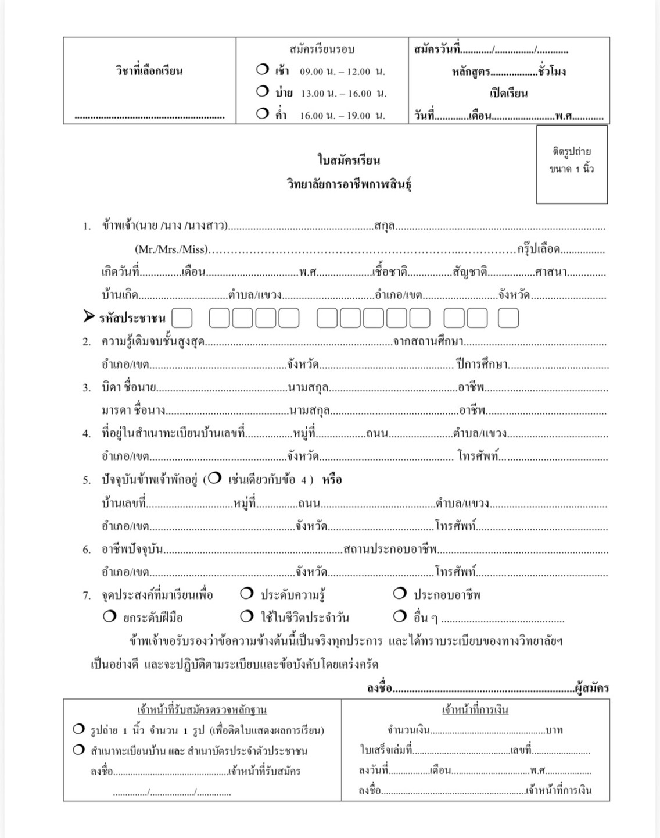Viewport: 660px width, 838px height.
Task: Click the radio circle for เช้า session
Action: (x=262, y=70)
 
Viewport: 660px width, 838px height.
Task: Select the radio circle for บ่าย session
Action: (x=262, y=91)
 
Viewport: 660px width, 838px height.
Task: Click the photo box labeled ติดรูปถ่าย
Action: (x=572, y=165)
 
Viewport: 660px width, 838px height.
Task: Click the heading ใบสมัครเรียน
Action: (x=349, y=160)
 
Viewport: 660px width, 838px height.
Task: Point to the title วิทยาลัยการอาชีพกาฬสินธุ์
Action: (x=349, y=184)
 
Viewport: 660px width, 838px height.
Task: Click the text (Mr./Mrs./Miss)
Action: (x=171, y=249)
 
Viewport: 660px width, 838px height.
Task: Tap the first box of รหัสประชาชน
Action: (x=182, y=318)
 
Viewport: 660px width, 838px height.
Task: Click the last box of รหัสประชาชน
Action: (x=508, y=318)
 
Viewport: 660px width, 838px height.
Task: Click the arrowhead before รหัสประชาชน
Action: (x=89, y=317)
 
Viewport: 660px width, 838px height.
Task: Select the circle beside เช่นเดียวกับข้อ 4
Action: (x=214, y=478)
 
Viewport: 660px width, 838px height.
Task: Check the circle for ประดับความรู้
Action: (x=247, y=593)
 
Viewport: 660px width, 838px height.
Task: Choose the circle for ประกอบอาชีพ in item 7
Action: (x=400, y=593)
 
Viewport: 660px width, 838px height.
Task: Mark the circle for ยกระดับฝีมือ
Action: (x=109, y=616)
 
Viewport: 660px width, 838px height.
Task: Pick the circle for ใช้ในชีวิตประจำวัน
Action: (x=247, y=616)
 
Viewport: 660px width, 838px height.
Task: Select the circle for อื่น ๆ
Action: (x=400, y=616)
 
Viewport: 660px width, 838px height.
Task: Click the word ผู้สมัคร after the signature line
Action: (x=591, y=689)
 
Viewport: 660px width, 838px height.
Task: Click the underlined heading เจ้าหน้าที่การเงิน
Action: (x=475, y=710)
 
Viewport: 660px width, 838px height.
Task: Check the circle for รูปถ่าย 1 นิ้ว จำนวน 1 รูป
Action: (x=78, y=729)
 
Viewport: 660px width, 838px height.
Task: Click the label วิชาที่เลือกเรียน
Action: (x=149, y=71)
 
